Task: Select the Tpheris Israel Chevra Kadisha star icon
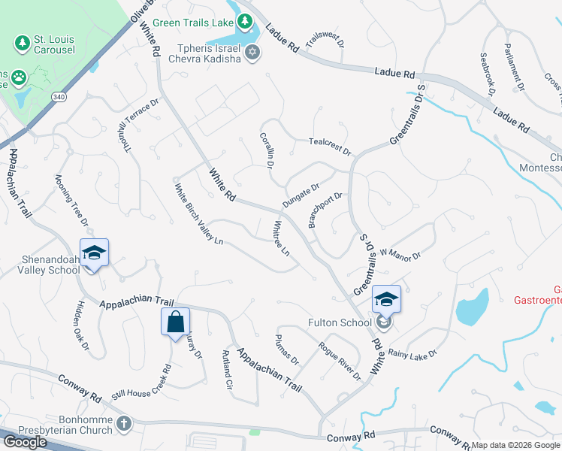[252, 52]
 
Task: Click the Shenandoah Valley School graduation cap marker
[94, 253]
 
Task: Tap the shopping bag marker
[174, 322]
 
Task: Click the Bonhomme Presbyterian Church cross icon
[124, 424]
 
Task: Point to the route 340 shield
[59, 98]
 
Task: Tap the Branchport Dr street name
[325, 210]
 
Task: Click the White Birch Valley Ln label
[199, 215]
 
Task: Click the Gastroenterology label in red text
[536, 300]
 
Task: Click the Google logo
[25, 442]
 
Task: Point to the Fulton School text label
[340, 323]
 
